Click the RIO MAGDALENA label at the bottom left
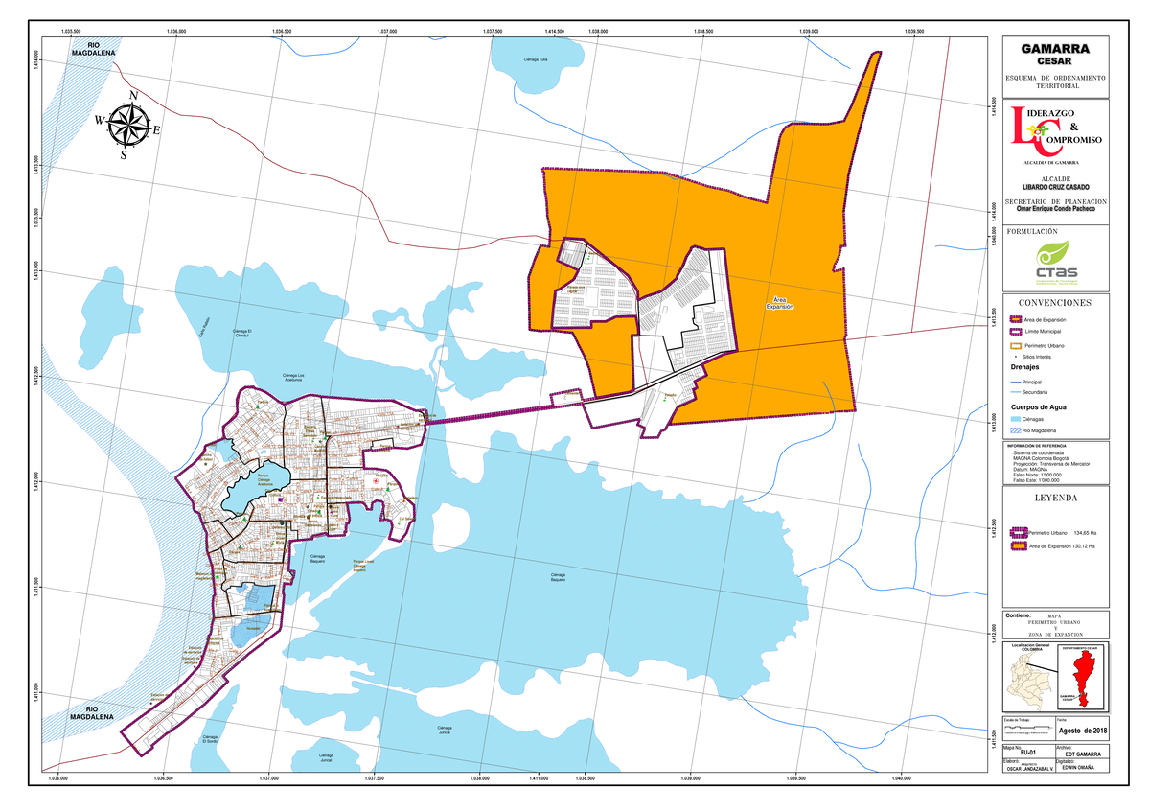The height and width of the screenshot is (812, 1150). click(91, 712)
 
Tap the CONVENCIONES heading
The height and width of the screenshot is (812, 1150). click(1054, 303)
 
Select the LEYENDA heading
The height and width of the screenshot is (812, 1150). click(1054, 499)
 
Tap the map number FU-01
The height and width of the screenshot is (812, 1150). click(1028, 754)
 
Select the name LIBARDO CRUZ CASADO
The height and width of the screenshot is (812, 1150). click(1055, 185)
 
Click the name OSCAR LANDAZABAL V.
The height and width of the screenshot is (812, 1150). click(1028, 770)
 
